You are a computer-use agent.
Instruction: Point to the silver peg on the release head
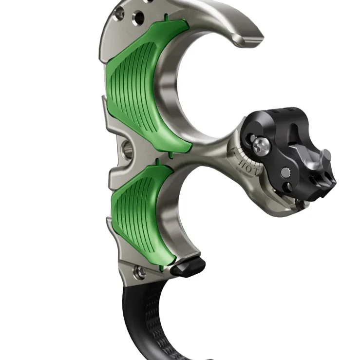click(x=325, y=157)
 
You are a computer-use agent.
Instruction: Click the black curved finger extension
click(x=146, y=317)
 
